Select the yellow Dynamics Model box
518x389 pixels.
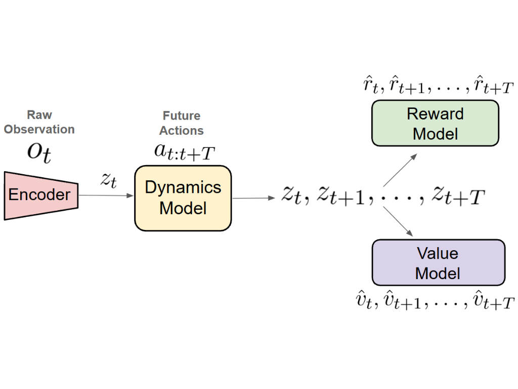point(183,198)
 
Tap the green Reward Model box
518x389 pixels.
point(435,124)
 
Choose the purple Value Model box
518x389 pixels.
point(438,263)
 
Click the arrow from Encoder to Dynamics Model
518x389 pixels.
point(106,195)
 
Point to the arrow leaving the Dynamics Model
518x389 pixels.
point(252,198)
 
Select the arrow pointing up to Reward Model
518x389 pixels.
point(400,170)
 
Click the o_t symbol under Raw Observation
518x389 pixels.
point(39,152)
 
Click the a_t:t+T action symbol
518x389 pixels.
point(182,152)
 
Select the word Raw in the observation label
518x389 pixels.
point(39,115)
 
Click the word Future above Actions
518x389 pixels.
point(182,116)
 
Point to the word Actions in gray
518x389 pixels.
point(182,131)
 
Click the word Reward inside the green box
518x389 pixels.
point(435,114)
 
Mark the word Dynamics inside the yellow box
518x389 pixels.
point(183,188)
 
